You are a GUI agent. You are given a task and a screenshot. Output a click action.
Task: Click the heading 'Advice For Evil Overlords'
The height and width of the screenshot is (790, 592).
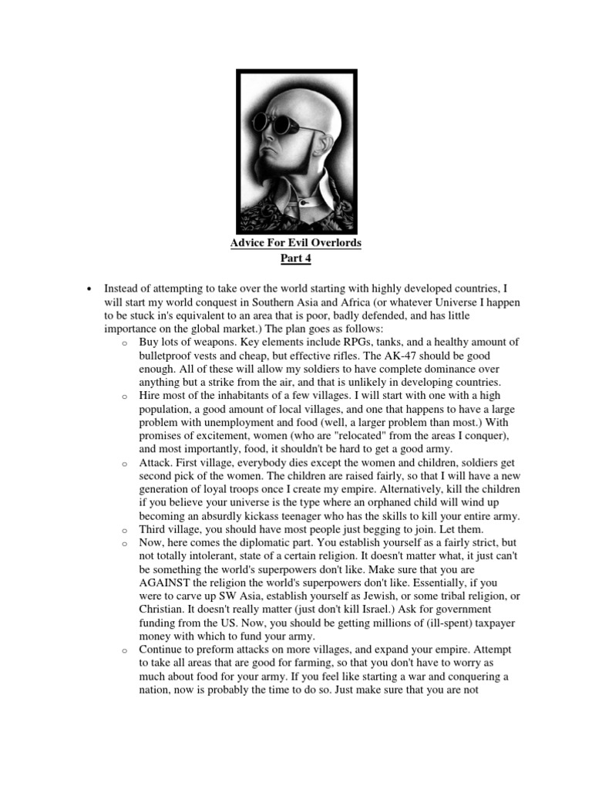296,243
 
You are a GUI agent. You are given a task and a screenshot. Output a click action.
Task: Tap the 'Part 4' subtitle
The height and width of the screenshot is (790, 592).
296,258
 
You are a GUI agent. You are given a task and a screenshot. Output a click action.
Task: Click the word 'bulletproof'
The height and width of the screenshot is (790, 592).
167,356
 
